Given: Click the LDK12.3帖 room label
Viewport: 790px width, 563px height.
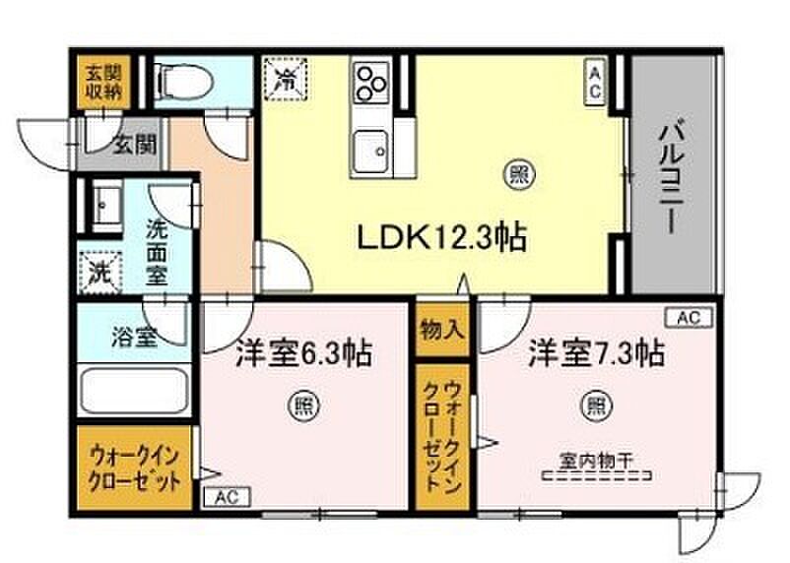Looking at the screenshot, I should pyautogui.click(x=438, y=237).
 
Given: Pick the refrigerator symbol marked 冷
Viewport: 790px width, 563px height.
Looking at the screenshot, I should pyautogui.click(x=286, y=75).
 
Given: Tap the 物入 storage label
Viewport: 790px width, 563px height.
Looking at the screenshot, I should pyautogui.click(x=440, y=330).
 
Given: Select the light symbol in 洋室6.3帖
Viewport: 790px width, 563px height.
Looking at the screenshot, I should pyautogui.click(x=301, y=404).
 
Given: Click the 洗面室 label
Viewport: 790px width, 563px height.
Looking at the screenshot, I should pyautogui.click(x=158, y=252).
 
